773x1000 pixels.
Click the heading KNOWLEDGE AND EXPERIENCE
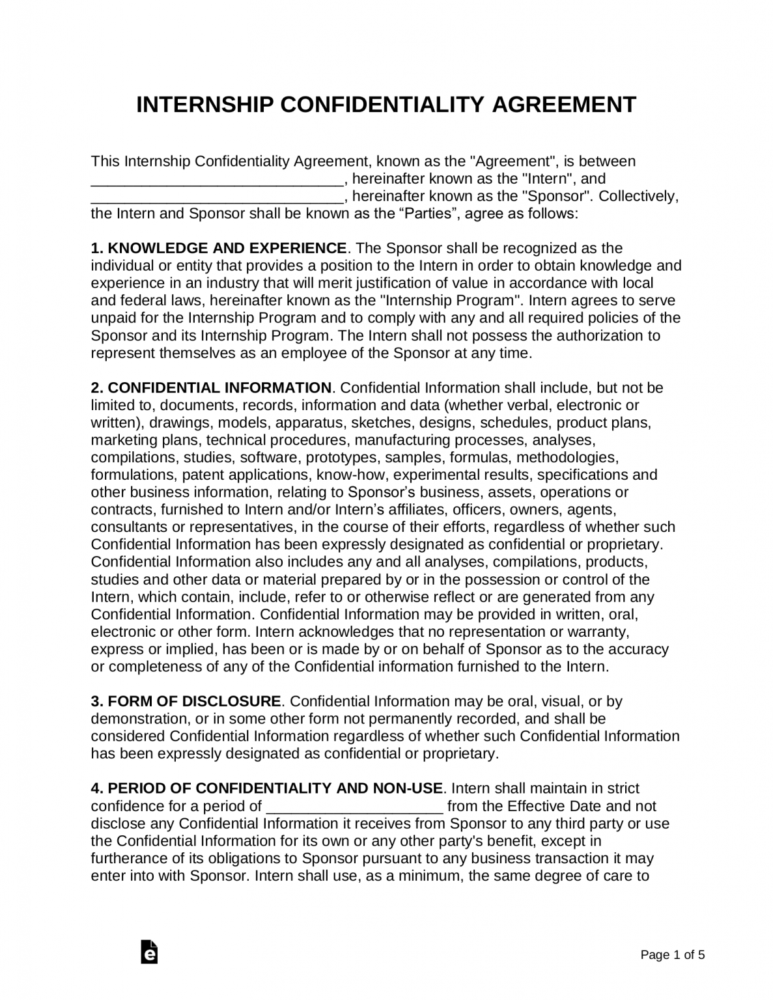(x=227, y=248)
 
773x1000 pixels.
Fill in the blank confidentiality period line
(x=355, y=808)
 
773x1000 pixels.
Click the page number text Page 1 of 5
(x=672, y=956)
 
